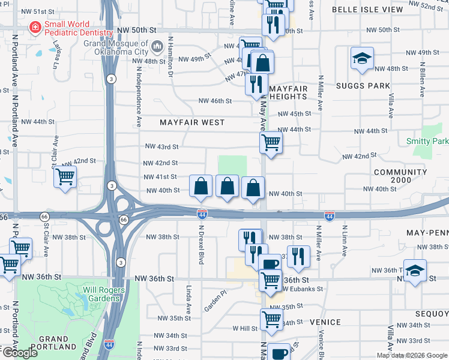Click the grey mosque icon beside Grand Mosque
157,46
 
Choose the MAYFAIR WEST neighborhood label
192,122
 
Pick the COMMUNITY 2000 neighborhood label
400,176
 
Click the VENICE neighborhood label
326,322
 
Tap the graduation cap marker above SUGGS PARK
362,59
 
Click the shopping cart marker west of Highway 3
65,177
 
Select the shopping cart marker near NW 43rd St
271,143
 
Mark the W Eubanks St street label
302,289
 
